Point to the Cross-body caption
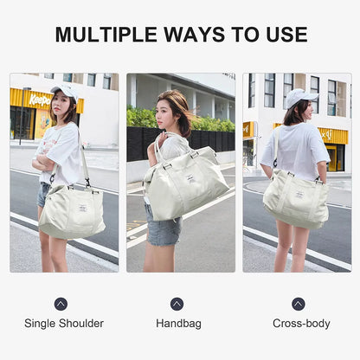click(x=301, y=324)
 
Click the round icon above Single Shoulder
click(x=61, y=304)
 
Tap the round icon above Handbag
click(x=177, y=304)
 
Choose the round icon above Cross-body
click(x=299, y=304)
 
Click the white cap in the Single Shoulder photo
click(x=62, y=88)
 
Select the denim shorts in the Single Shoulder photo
click(x=43, y=194)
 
